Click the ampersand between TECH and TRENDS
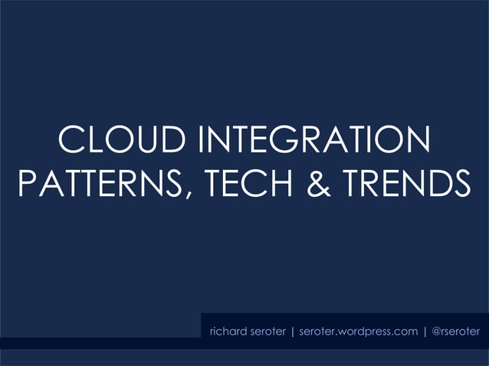tap(315, 183)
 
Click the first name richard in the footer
tap(228, 332)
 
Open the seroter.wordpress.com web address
tap(358, 332)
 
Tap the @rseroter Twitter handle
tap(457, 332)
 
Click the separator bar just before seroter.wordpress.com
tap(292, 332)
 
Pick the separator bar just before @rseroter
tap(425, 332)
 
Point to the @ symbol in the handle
tap(437, 332)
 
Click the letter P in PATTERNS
tap(27, 183)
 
